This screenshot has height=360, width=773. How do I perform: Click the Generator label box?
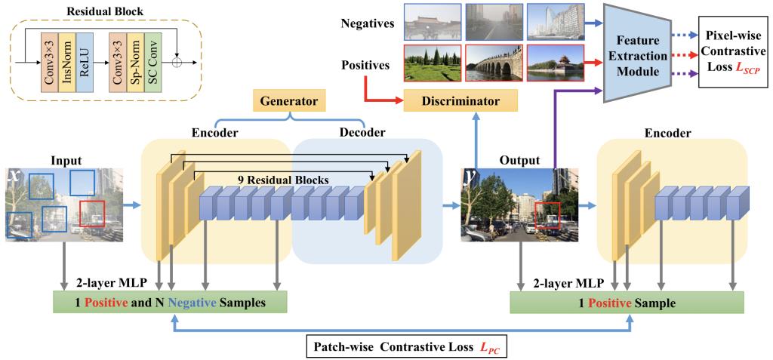[x=289, y=100]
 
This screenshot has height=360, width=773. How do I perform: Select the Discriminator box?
[x=460, y=100]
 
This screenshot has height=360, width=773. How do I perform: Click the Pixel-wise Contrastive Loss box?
[x=731, y=52]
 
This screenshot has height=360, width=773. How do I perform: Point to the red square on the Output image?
[x=547, y=214]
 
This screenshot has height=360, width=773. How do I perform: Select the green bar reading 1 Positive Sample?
[x=627, y=303]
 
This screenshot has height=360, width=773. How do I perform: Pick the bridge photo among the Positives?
[x=493, y=63]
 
